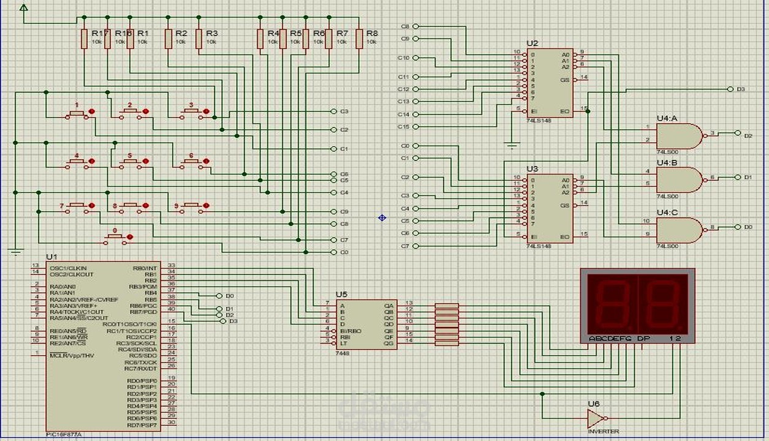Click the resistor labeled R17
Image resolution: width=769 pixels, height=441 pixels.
(x=84, y=39)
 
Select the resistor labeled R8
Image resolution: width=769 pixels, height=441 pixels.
(x=359, y=39)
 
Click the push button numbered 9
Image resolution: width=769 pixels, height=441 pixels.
(x=192, y=206)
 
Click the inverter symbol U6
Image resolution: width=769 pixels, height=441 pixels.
(x=595, y=418)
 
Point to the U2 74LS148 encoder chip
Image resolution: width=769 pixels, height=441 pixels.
(x=550, y=83)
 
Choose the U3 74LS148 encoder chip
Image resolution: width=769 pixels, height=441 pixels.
(x=550, y=208)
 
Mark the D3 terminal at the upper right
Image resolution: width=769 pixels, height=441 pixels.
(x=730, y=89)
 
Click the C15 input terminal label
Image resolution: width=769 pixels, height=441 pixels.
(x=403, y=127)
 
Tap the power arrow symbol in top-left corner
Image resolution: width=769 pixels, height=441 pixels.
(x=23, y=8)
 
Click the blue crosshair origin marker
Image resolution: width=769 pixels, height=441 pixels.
(x=382, y=217)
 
